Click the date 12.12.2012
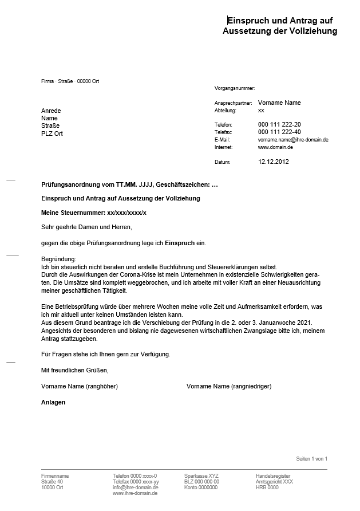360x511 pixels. tap(274, 162)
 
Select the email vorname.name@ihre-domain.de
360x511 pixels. tap(292, 140)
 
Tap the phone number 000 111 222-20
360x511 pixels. tap(279, 124)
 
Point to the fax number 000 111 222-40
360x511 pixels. tap(279, 132)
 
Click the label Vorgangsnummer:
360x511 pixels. tap(234, 88)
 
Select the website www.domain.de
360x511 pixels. tap(275, 147)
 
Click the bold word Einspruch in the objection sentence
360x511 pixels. tap(180, 243)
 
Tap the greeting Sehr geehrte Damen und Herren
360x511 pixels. tap(86, 227)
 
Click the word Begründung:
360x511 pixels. tap(58, 260)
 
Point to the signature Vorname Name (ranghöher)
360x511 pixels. tap(79, 387)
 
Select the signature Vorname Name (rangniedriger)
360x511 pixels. tap(228, 387)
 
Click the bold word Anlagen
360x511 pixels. tap(53, 402)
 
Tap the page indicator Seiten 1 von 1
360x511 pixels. tap(311, 459)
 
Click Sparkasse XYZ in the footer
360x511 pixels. tap(201, 476)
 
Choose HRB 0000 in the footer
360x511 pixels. tap(267, 488)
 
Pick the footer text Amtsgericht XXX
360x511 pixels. tap(274, 482)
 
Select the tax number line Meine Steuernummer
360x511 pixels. tap(94, 213)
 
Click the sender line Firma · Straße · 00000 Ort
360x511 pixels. tap(70, 81)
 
